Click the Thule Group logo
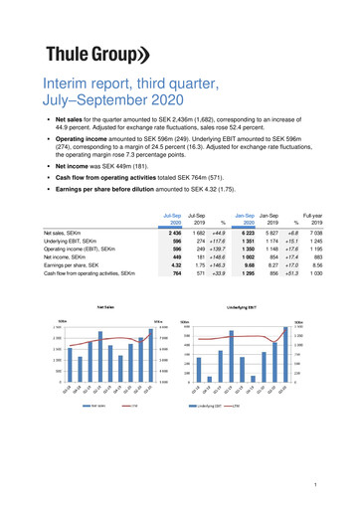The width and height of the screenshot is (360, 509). point(101,55)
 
